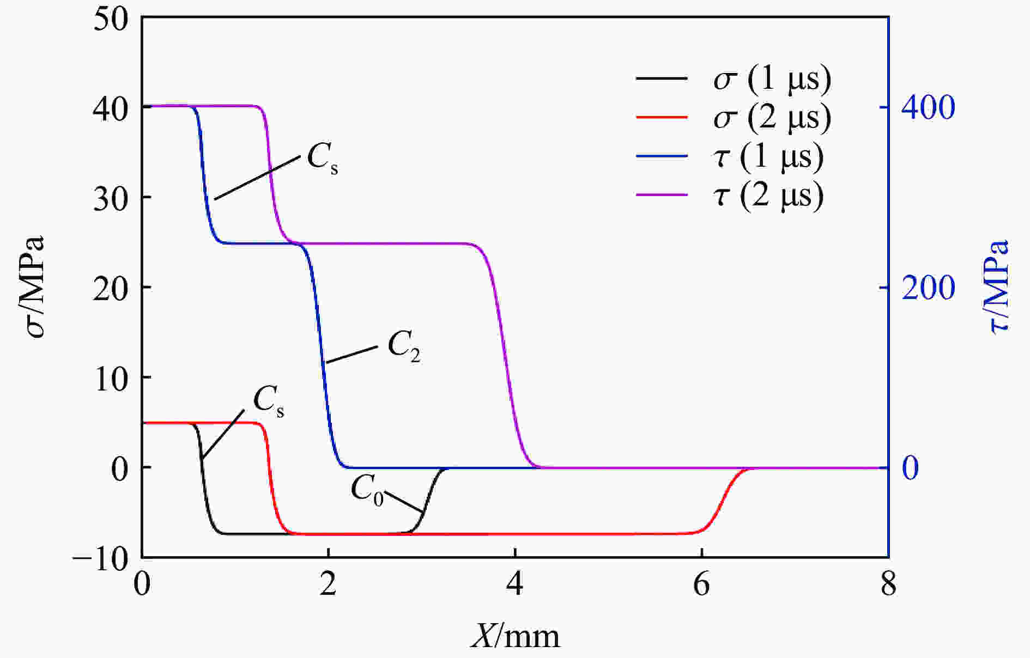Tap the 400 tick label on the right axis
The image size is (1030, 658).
coord(928,107)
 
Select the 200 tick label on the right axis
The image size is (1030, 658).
coord(928,288)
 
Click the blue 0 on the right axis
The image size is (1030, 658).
coord(910,468)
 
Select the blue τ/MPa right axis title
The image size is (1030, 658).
coord(997,287)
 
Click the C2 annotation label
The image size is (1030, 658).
coord(404,348)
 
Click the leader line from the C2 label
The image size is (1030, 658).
coord(352,354)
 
